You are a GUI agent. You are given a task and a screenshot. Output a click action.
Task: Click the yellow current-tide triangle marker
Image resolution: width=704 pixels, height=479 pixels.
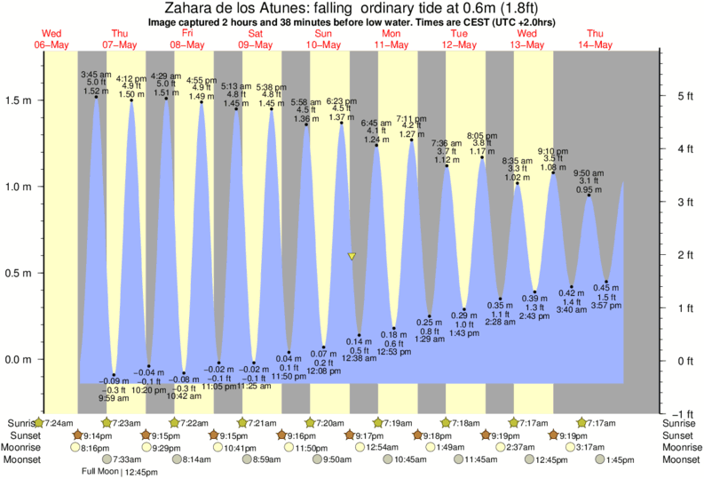pyautogui.click(x=352, y=256)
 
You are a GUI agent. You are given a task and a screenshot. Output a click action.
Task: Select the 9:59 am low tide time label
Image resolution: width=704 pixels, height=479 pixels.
pyautogui.click(x=114, y=398)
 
